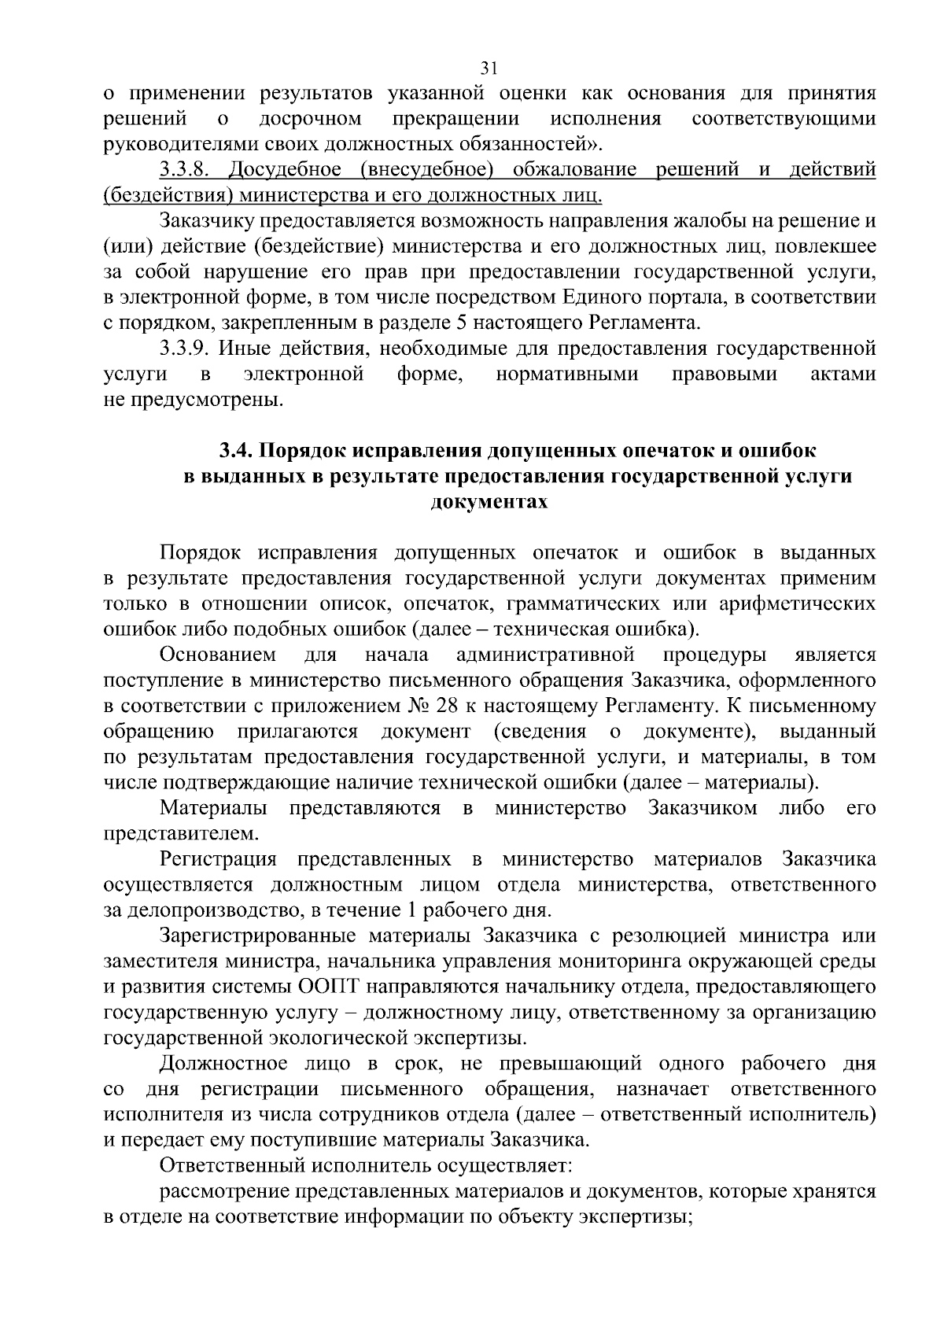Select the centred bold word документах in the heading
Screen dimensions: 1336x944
(x=489, y=502)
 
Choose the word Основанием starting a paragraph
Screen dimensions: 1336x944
(x=218, y=655)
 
